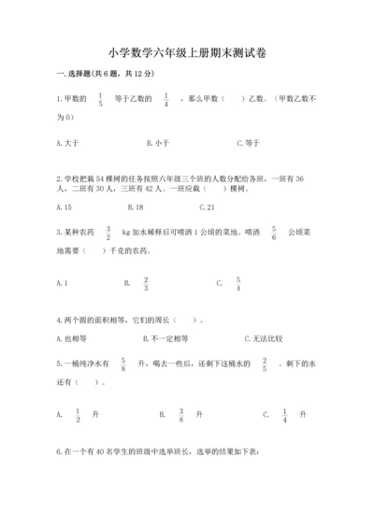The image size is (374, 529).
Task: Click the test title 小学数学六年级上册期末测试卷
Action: (186, 53)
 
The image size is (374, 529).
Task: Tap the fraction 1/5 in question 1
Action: (101, 101)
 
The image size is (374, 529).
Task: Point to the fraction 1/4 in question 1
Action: (166, 101)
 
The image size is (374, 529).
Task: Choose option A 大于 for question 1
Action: (66, 143)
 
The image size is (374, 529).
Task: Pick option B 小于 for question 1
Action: (157, 143)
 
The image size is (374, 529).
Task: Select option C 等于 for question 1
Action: (248, 143)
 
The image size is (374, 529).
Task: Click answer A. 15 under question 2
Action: (65, 207)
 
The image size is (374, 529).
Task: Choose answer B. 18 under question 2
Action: (134, 207)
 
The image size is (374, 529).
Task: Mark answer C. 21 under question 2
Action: (207, 207)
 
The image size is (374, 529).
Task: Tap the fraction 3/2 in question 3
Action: (108, 233)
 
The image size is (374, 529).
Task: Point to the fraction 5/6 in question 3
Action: (274, 233)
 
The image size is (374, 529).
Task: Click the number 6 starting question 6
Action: (59, 452)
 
